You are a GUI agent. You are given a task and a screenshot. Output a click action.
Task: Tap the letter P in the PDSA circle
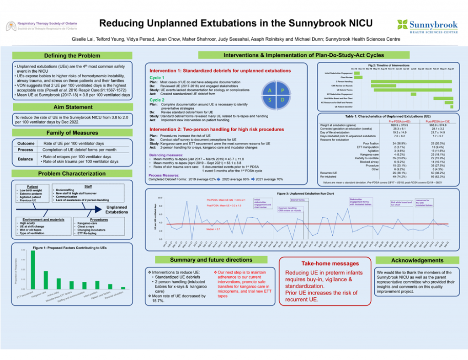(x=283, y=91)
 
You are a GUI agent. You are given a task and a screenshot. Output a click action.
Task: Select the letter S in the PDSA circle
(x=270, y=99)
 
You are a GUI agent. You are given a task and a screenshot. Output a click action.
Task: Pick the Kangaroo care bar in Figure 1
(x=46, y=280)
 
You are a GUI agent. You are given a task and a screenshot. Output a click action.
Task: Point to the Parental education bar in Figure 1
(x=122, y=288)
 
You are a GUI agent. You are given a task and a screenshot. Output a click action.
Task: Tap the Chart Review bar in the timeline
(x=359, y=77)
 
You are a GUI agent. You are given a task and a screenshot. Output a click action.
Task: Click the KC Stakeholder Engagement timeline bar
(x=414, y=94)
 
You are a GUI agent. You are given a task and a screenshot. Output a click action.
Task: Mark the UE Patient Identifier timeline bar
(x=451, y=107)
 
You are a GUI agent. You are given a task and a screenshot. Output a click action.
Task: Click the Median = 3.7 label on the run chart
(x=213, y=228)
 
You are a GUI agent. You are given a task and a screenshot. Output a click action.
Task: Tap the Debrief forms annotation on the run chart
(x=298, y=199)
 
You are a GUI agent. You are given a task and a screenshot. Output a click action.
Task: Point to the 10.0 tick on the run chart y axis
(x=160, y=198)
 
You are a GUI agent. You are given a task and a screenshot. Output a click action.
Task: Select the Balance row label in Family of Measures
(x=25, y=159)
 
